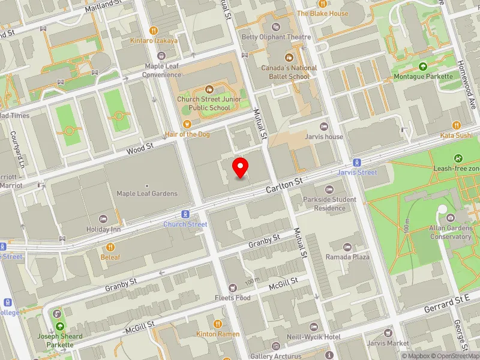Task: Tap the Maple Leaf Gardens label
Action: click(147, 193)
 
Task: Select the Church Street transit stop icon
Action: click(185, 214)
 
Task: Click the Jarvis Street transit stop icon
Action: click(356, 163)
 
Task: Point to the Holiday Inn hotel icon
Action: click(103, 220)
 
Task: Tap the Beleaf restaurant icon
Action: click(110, 247)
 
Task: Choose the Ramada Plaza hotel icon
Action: click(347, 247)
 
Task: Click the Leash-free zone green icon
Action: click(458, 158)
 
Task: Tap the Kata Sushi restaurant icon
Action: click(457, 125)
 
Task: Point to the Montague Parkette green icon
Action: click(423, 67)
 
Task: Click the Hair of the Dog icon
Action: click(187, 125)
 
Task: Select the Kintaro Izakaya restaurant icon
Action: click(154, 31)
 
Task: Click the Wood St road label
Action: click(140, 148)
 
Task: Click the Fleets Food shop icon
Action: click(233, 288)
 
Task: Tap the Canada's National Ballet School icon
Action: click(289, 58)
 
